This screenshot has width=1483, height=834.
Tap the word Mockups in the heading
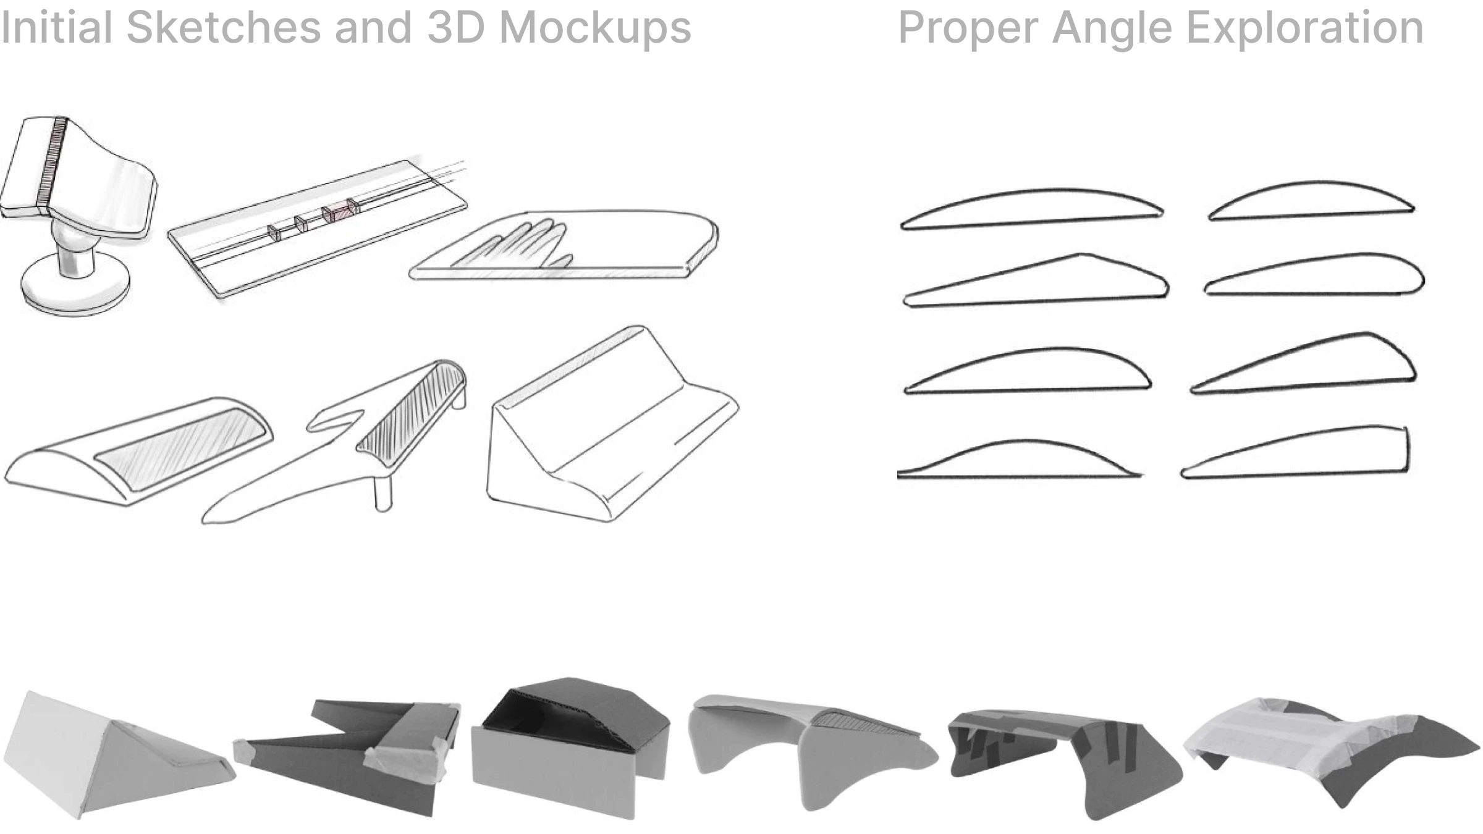(595, 28)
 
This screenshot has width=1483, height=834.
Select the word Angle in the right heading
(1113, 28)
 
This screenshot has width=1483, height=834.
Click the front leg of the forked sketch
(383, 494)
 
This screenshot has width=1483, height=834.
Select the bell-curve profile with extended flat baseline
(1020, 460)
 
